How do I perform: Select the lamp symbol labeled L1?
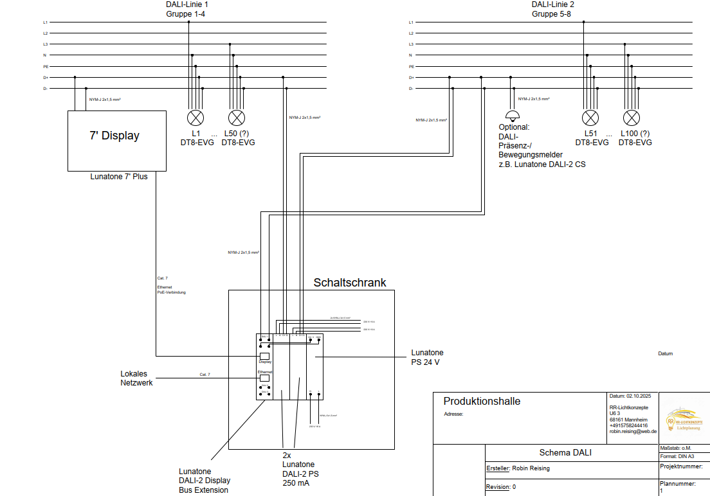click(x=195, y=118)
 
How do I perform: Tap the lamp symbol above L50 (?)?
click(x=237, y=118)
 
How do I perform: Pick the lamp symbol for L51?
click(x=590, y=118)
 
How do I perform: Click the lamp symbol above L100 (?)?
click(x=632, y=118)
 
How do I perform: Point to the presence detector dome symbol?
click(x=513, y=116)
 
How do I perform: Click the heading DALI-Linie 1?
click(x=187, y=4)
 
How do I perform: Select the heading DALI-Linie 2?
click(x=553, y=4)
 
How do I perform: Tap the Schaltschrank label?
click(x=350, y=283)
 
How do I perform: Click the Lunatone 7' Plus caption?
click(x=119, y=177)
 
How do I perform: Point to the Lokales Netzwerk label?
click(x=136, y=378)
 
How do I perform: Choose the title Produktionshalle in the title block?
click(x=482, y=402)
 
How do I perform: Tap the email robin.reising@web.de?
click(x=632, y=432)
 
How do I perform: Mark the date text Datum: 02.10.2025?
click(x=630, y=396)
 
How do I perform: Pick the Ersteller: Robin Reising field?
click(x=518, y=468)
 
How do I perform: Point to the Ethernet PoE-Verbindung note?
click(x=171, y=290)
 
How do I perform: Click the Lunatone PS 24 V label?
click(x=427, y=357)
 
